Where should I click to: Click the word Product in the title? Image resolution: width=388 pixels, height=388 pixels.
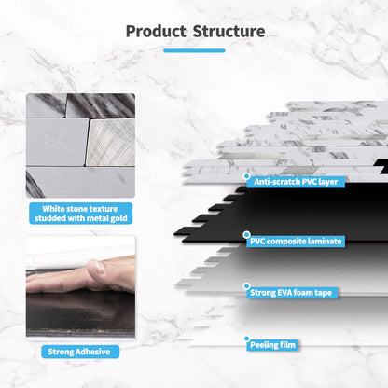coord(156,31)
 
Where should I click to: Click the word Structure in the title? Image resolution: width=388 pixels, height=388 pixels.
coord(229,31)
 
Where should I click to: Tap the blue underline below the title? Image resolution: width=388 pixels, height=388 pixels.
coord(194,50)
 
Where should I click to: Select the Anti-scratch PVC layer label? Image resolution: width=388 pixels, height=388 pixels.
coord(296,181)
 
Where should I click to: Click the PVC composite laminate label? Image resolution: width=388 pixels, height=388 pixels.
coord(296,241)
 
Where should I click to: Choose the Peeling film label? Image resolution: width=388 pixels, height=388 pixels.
coord(274,345)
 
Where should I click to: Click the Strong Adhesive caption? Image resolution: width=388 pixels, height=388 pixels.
coord(78,352)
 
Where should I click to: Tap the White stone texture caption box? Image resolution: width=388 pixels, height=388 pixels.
coord(78,214)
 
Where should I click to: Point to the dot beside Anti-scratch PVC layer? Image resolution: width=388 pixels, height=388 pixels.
coord(246,175)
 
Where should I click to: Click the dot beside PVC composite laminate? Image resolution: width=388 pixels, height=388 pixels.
coord(246,235)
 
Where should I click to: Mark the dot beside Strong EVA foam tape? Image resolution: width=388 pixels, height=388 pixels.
coord(246,287)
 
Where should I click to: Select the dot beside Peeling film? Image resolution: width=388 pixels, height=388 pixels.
coord(246,339)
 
